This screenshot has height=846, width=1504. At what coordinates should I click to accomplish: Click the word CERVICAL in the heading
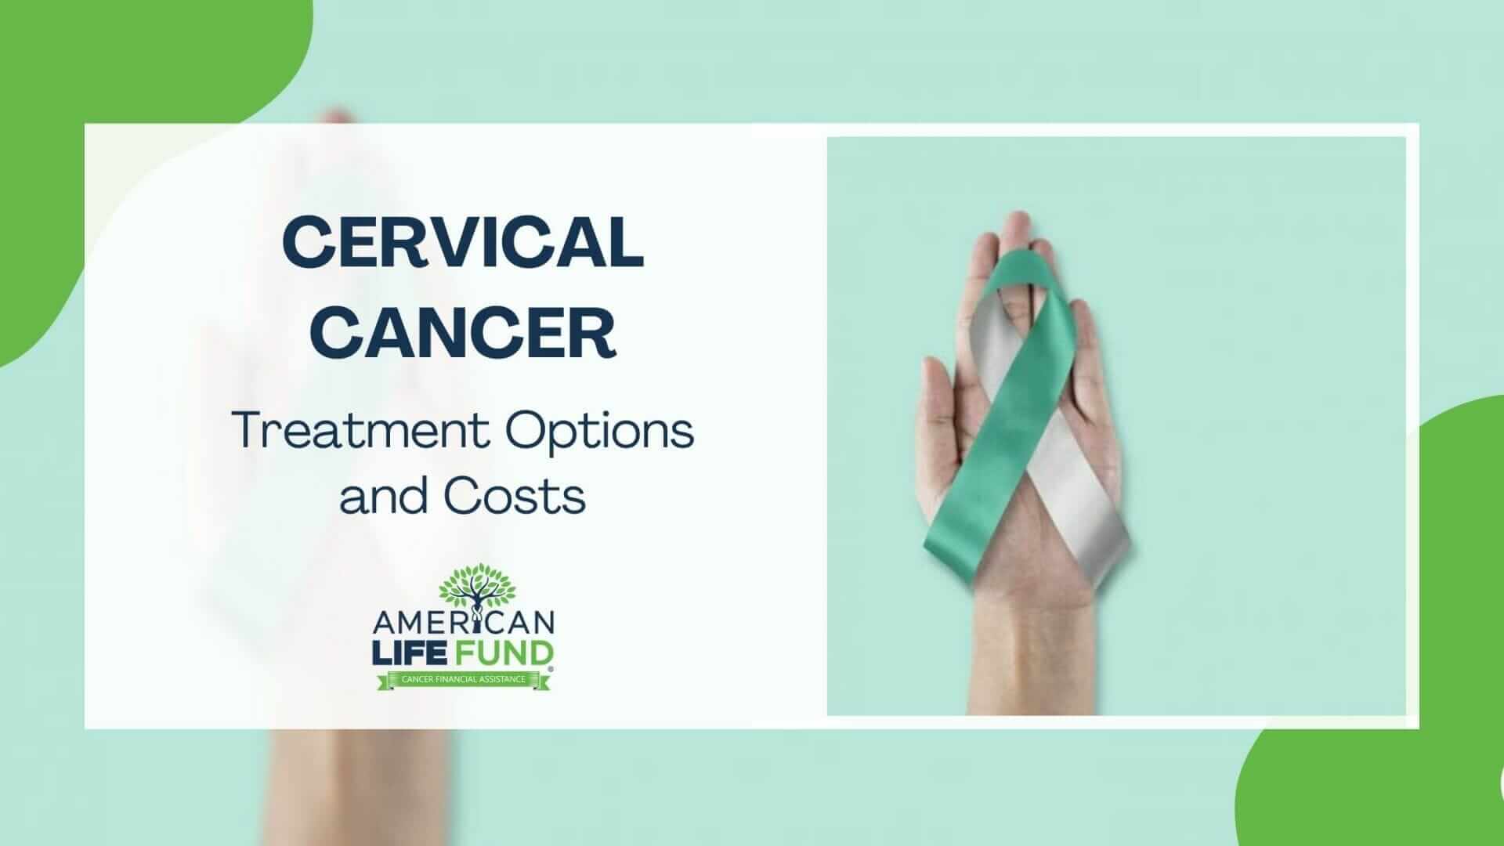tap(463, 242)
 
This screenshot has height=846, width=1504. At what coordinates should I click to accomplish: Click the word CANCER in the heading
tap(468, 333)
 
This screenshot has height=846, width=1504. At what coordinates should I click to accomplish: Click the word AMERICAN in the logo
tap(465, 624)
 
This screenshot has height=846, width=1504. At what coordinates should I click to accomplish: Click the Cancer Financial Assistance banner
tap(464, 679)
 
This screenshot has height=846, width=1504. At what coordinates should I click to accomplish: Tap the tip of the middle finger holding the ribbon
tap(1016, 223)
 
